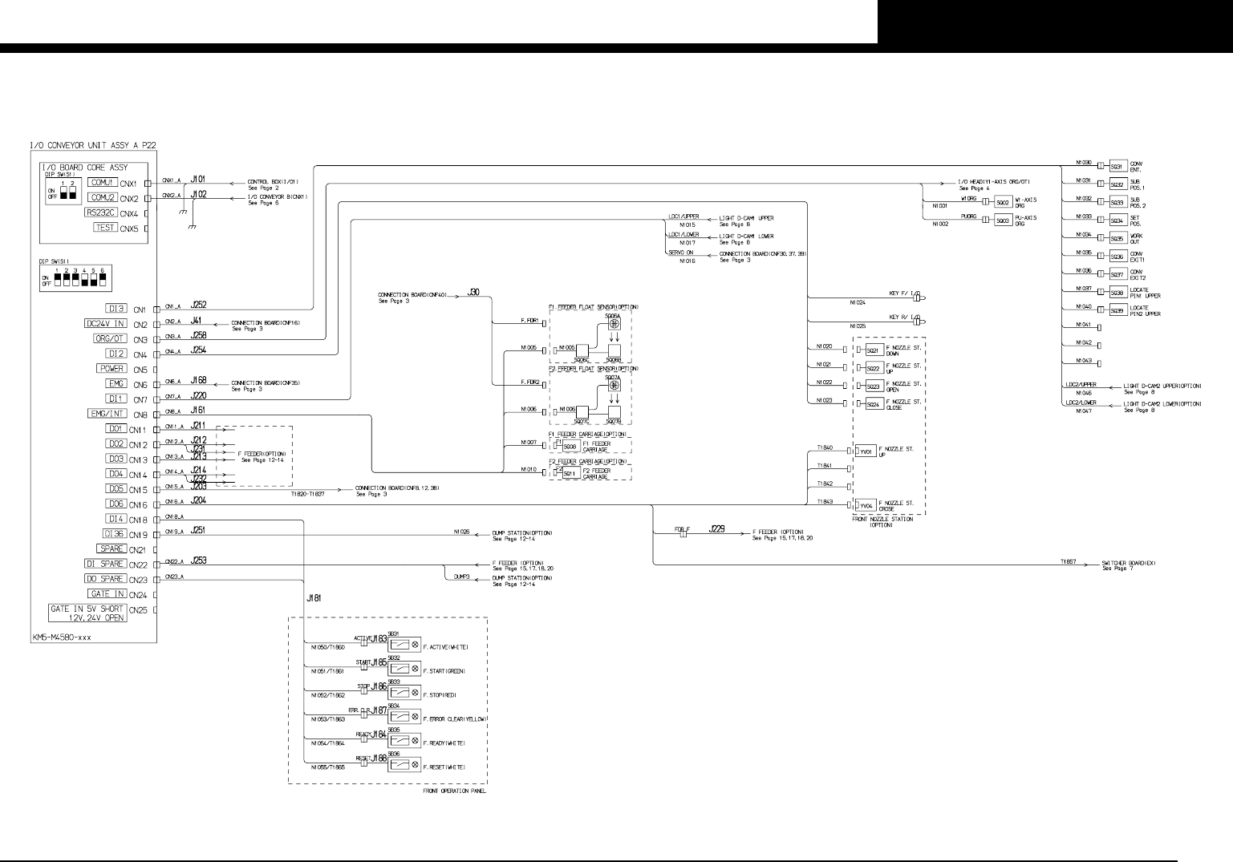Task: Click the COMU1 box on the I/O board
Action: pyautogui.click(x=103, y=183)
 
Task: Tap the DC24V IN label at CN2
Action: pyautogui.click(x=106, y=324)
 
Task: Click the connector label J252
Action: pyautogui.click(x=198, y=305)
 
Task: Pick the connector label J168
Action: pyautogui.click(x=198, y=380)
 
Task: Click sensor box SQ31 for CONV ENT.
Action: pyautogui.click(x=1116, y=167)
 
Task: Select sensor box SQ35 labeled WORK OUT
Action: pyautogui.click(x=1116, y=238)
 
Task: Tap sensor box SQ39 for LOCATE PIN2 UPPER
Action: pyautogui.click(x=1116, y=311)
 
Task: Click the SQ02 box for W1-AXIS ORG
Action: pyautogui.click(x=1001, y=202)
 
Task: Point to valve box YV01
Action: pyautogui.click(x=866, y=452)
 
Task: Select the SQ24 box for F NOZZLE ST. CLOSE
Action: pyautogui.click(x=874, y=404)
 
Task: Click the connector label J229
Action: pyautogui.click(x=716, y=530)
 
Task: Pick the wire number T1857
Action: pyautogui.click(x=1067, y=562)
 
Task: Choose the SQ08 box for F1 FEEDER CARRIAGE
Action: pyautogui.click(x=570, y=447)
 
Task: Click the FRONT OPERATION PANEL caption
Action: pyautogui.click(x=453, y=791)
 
